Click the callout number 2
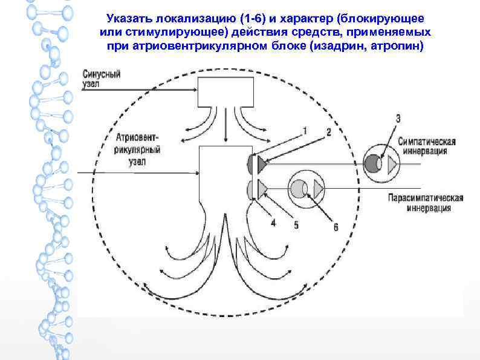pyautogui.click(x=328, y=131)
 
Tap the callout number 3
pyautogui.click(x=397, y=119)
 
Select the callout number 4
pyautogui.click(x=273, y=223)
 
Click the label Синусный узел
pyautogui.click(x=102, y=79)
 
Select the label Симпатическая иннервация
pyautogui.click(x=427, y=146)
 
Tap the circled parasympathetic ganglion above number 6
pyautogui.click(x=306, y=189)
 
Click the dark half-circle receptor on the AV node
pyautogui.click(x=251, y=163)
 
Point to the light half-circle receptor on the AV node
pyautogui.click(x=251, y=188)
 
